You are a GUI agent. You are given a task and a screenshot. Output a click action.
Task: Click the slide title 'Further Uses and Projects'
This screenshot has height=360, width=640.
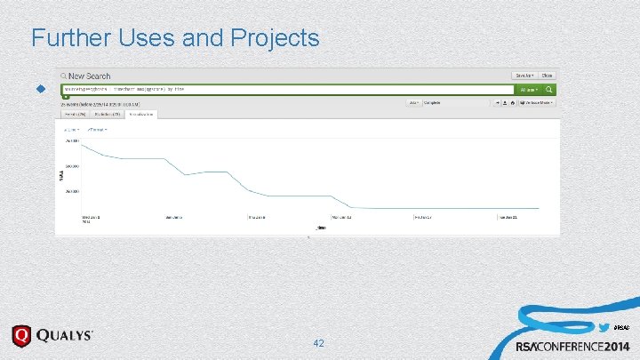point(174,37)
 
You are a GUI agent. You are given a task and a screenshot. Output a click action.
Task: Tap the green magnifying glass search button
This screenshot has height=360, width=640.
point(549,90)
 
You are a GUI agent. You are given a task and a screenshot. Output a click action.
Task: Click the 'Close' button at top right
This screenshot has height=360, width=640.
point(548,76)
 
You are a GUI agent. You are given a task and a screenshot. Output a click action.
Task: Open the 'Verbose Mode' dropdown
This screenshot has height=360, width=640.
point(537,102)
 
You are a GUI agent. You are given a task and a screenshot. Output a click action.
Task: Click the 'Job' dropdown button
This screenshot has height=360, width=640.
point(413,102)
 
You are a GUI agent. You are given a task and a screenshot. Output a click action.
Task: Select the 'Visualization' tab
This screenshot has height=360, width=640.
point(141,114)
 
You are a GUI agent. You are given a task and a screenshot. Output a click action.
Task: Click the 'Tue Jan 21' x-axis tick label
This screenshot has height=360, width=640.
point(508,217)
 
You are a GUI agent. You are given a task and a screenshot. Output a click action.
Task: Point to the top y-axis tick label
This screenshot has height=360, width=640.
point(71,140)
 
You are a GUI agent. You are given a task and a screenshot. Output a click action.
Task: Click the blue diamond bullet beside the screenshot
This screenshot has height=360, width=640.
point(39,90)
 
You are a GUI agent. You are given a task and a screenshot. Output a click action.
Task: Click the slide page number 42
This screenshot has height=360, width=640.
point(319,343)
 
